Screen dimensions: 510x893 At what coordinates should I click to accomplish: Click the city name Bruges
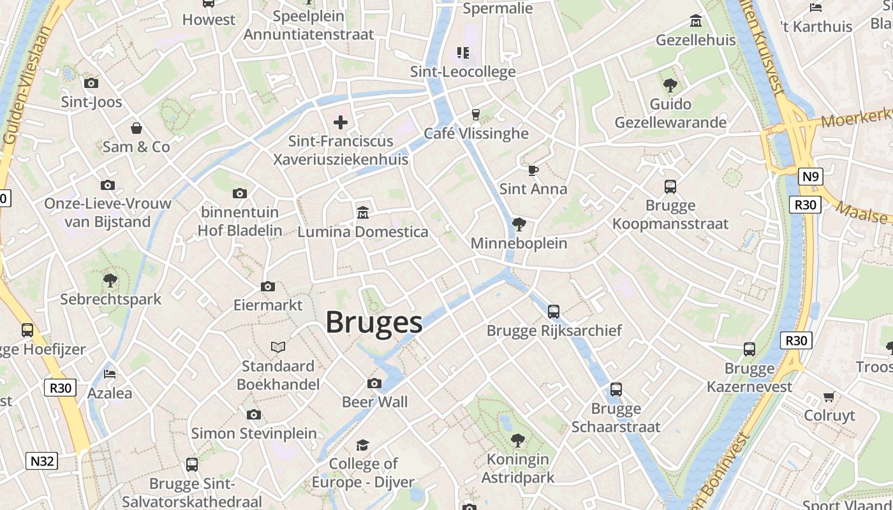click(x=374, y=323)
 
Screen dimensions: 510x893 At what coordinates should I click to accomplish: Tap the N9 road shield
click(x=810, y=176)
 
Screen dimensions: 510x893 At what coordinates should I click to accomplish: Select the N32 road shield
click(x=41, y=461)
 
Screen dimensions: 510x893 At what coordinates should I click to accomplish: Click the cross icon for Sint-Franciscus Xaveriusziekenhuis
click(x=341, y=122)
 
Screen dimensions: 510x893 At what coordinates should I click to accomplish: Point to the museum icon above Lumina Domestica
click(x=363, y=212)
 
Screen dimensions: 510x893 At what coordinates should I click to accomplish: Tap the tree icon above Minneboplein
click(x=519, y=224)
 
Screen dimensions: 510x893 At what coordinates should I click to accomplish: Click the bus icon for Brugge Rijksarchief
click(x=554, y=312)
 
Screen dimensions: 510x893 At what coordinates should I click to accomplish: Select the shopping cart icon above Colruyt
click(x=829, y=397)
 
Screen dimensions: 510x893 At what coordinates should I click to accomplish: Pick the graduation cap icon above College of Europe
click(x=362, y=445)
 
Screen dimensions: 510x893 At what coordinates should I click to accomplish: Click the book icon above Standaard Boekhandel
click(x=277, y=347)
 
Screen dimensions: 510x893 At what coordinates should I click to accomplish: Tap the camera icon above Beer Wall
click(x=374, y=383)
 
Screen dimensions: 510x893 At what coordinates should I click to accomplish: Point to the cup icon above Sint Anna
click(x=533, y=170)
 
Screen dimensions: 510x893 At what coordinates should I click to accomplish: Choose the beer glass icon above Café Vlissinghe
click(x=475, y=114)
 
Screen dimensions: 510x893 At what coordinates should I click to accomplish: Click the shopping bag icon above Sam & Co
click(x=136, y=128)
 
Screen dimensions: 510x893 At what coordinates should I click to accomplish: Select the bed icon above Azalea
click(x=110, y=374)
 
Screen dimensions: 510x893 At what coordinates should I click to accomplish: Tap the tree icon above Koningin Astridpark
click(x=517, y=440)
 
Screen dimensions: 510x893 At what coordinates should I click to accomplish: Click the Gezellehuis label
click(x=695, y=40)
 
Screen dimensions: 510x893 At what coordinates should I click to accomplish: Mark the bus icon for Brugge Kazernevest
click(x=749, y=349)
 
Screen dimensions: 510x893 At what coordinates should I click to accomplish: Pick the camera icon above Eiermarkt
click(x=268, y=286)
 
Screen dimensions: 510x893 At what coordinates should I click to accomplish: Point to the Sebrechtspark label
click(x=111, y=299)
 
